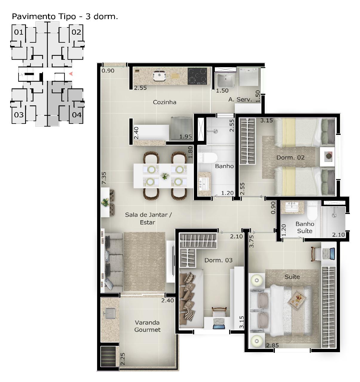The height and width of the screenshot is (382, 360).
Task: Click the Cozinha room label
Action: tap(165, 102)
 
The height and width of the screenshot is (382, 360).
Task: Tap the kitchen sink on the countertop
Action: tap(159, 76)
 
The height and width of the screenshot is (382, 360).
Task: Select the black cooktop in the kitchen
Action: tap(197, 76)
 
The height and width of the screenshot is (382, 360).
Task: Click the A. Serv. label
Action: tap(240, 99)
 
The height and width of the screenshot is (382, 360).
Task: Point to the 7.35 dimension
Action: tap(104, 178)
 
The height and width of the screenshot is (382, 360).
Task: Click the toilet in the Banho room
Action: tap(207, 158)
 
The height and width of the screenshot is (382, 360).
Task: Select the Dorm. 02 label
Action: tap(290, 158)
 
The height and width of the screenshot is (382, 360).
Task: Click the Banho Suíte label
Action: tap(305, 227)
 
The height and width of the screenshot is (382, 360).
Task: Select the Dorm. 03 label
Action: tap(218, 260)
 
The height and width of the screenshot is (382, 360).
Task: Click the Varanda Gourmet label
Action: tap(147, 326)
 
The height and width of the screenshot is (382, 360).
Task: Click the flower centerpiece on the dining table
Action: tap(165, 176)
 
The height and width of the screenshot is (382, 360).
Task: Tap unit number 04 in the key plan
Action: tap(77, 115)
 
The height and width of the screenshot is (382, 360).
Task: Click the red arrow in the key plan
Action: tap(71, 74)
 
